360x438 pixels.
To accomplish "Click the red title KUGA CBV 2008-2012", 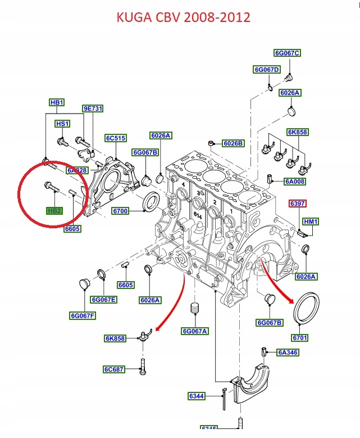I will click(x=183, y=17).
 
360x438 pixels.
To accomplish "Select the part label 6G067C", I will click(x=287, y=53).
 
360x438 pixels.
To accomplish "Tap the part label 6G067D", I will click(x=266, y=70).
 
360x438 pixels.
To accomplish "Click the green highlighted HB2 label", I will click(x=54, y=210).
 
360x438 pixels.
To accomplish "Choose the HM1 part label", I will click(x=311, y=222).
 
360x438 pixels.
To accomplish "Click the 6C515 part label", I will click(x=115, y=138).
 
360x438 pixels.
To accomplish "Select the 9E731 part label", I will click(x=93, y=109).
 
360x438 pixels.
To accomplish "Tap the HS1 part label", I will click(x=62, y=124).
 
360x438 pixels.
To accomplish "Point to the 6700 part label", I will click(x=120, y=211).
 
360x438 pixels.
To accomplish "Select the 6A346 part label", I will click(x=288, y=353).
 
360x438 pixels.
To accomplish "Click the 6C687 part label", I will click(x=114, y=369).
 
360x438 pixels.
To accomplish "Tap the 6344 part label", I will click(x=196, y=396).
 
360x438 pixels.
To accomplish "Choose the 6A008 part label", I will click(x=295, y=181).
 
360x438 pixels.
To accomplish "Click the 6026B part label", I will click(x=233, y=143).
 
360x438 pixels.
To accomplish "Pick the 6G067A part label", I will click(x=195, y=331).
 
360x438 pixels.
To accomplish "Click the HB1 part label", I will click(x=57, y=103).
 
